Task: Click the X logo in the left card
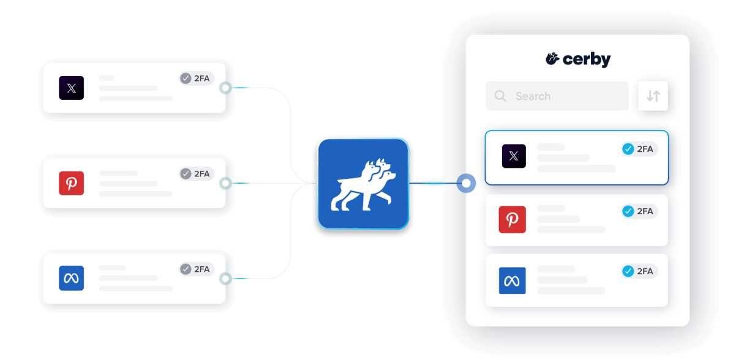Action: (72, 88)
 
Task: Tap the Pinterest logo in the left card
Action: (72, 183)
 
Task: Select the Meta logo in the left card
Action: (72, 278)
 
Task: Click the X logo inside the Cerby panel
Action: (513, 156)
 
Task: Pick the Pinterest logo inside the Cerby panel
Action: (512, 219)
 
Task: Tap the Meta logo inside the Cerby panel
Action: (512, 280)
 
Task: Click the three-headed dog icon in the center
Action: (363, 184)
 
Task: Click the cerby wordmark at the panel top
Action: (578, 59)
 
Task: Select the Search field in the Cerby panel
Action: (557, 96)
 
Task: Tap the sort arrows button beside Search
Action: (653, 96)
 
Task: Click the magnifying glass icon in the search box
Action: (500, 96)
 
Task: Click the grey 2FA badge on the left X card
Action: (196, 78)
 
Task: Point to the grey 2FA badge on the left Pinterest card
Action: (196, 174)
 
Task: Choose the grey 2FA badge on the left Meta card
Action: (196, 269)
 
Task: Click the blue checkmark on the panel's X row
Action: (628, 149)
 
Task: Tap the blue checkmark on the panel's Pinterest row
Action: (628, 211)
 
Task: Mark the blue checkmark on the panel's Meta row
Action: (628, 271)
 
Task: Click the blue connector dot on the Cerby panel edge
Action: (467, 183)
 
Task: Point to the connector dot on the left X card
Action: (226, 88)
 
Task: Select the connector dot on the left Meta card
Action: (226, 279)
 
